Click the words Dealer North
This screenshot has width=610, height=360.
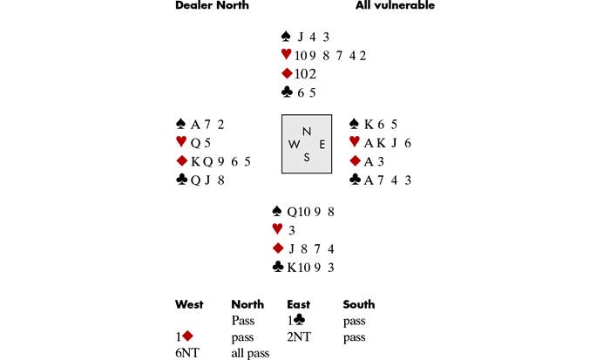pyautogui.click(x=212, y=6)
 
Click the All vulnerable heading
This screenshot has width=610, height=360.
pyautogui.click(x=395, y=6)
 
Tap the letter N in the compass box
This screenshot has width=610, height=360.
pyautogui.click(x=306, y=131)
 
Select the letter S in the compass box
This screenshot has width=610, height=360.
pyautogui.click(x=306, y=157)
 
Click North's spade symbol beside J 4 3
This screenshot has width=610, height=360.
pyautogui.click(x=286, y=37)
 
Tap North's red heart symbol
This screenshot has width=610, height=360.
pyautogui.click(x=286, y=55)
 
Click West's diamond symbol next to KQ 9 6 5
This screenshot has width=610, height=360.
pyautogui.click(x=181, y=161)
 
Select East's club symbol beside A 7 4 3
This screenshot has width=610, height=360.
pyautogui.click(x=355, y=180)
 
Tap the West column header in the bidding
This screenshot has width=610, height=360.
pyautogui.click(x=189, y=304)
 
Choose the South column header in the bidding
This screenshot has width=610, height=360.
pyautogui.click(x=359, y=304)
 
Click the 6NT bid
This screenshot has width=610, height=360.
pyautogui.click(x=186, y=352)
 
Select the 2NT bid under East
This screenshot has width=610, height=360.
pyautogui.click(x=299, y=336)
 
